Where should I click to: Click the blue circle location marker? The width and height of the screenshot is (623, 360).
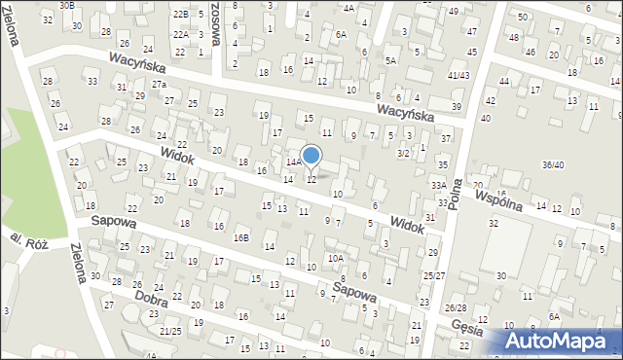point(311,156)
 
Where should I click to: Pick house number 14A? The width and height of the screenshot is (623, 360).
point(292,162)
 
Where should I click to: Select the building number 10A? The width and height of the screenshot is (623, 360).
point(335,258)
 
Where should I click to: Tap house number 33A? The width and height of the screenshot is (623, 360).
point(439,185)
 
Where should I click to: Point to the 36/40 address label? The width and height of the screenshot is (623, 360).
point(553,164)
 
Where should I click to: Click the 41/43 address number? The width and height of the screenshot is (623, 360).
point(458,75)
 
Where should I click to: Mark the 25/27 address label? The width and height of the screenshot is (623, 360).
point(433,276)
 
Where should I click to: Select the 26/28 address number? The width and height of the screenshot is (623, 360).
point(456,307)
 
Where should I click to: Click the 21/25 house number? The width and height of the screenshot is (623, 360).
point(170,332)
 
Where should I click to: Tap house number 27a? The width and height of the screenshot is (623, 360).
point(159,85)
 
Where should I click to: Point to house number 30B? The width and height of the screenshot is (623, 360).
point(66,5)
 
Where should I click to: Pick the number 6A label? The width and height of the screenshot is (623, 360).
point(340,34)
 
